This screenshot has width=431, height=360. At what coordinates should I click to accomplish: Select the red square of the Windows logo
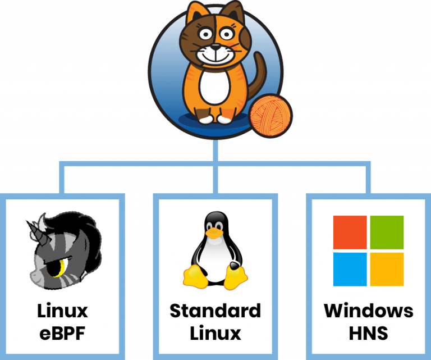point(350,232)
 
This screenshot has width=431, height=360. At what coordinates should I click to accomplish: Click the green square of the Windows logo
point(387,232)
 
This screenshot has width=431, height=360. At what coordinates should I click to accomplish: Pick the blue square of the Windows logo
point(350,268)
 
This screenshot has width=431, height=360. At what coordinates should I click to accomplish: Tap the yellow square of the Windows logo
point(387,268)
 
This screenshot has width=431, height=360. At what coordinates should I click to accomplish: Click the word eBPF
point(63,332)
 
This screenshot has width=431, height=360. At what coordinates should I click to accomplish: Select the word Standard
point(215,311)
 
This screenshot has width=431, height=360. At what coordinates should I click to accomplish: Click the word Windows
point(368,311)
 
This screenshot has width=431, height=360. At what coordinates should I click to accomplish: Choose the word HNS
point(368,332)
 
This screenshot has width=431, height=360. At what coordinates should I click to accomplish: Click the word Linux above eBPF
point(63,311)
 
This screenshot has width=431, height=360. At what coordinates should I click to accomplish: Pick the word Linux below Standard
point(215,332)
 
